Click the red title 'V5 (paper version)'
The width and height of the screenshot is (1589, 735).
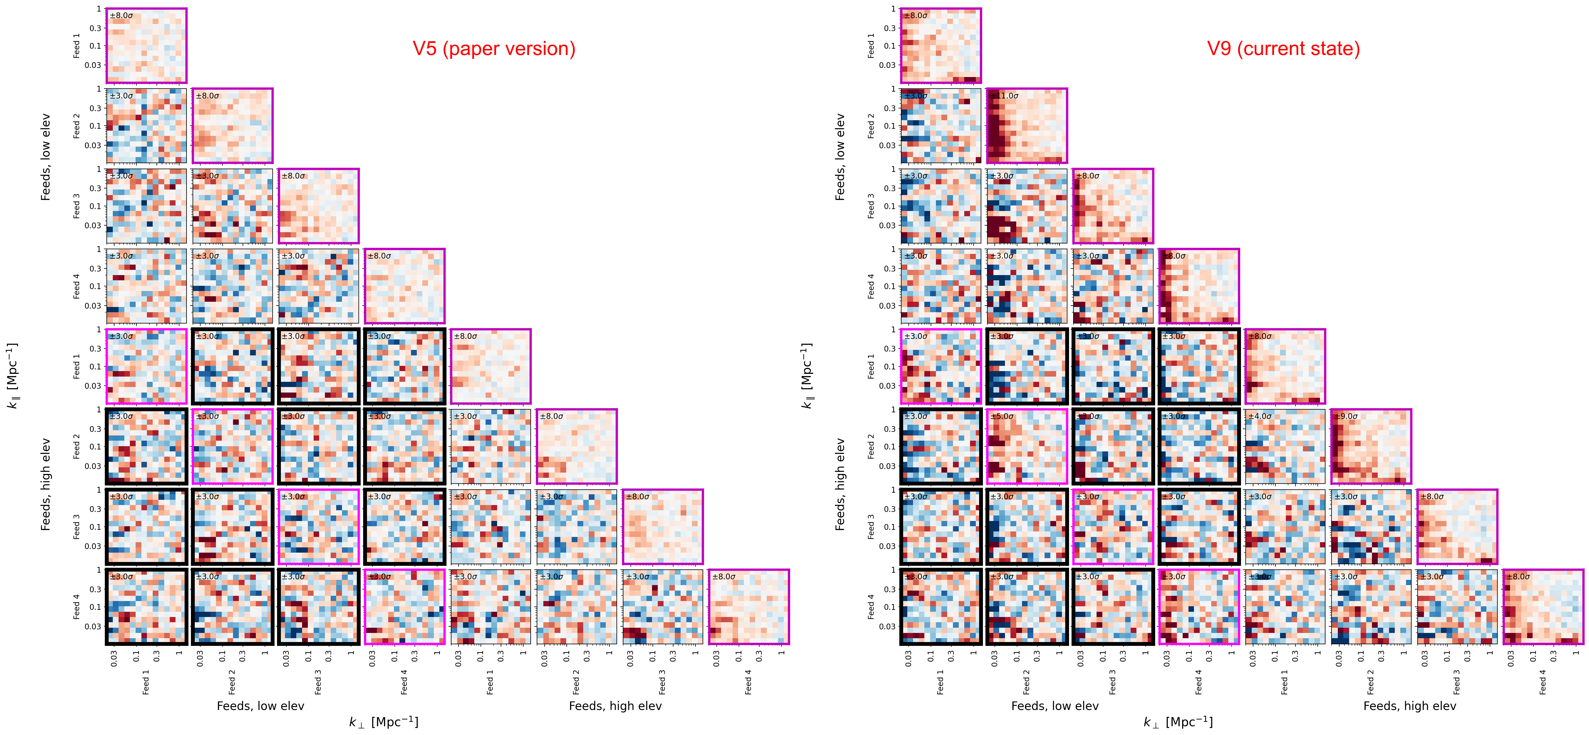494,49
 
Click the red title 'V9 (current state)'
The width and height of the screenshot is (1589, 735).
1283,49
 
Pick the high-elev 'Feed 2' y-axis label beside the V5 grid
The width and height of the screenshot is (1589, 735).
76,446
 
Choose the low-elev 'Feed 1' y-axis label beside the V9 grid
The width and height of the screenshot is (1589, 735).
871,46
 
